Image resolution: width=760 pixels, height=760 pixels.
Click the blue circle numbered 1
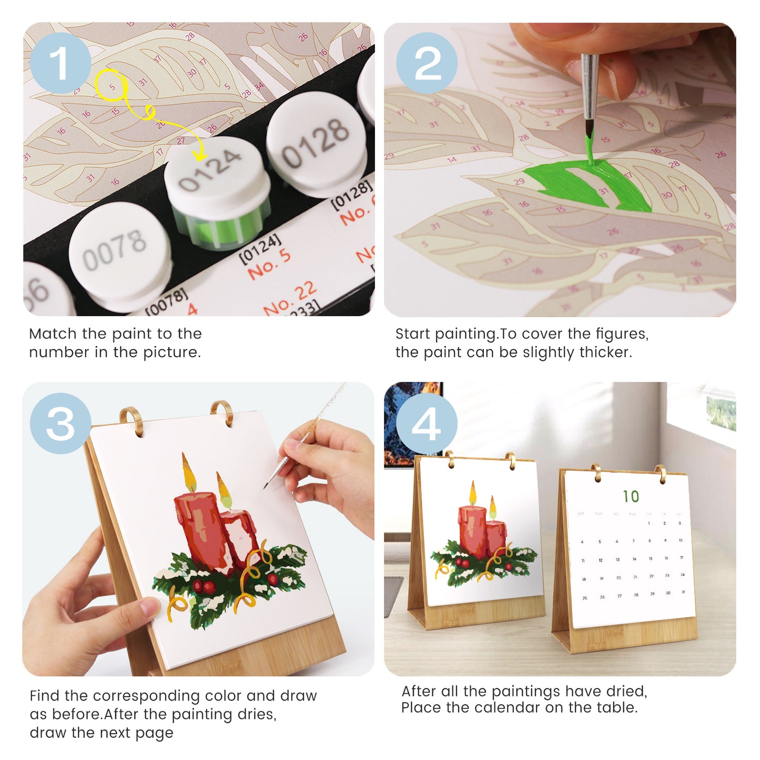click(x=60, y=63)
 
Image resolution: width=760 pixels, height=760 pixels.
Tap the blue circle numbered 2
click(x=427, y=63)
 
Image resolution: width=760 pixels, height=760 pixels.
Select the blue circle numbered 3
click(x=60, y=423)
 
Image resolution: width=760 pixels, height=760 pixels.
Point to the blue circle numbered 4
click(x=427, y=423)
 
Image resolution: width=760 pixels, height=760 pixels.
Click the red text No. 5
click(x=269, y=264)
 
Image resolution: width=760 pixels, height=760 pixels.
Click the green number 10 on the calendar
click(x=631, y=496)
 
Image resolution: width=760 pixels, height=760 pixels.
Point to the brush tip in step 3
click(x=266, y=486)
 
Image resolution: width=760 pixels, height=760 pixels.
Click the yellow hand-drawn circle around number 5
click(x=110, y=85)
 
